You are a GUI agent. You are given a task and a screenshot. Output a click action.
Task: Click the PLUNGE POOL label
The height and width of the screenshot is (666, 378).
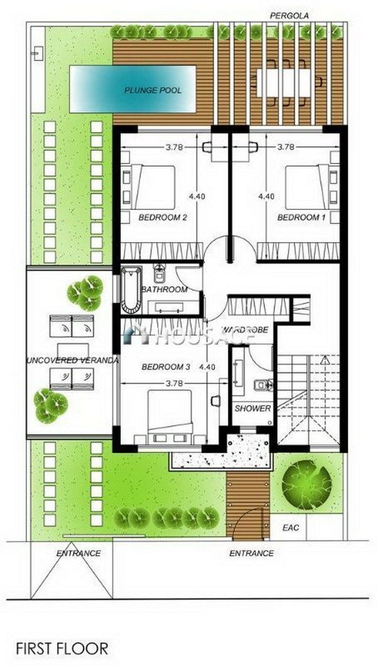click(x=153, y=91)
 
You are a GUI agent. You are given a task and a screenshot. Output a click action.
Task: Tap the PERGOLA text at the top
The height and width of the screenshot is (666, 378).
click(x=290, y=16)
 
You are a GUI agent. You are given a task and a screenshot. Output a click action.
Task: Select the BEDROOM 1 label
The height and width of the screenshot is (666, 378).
click(x=301, y=218)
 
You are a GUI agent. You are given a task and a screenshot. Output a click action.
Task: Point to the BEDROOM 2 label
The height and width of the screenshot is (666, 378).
click(x=163, y=218)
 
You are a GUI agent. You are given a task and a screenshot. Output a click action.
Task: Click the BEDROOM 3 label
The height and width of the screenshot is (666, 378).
click(x=165, y=367)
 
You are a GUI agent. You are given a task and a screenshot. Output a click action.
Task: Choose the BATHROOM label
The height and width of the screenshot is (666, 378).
click(x=164, y=290)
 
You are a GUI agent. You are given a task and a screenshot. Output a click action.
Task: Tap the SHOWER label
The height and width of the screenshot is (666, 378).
click(x=253, y=408)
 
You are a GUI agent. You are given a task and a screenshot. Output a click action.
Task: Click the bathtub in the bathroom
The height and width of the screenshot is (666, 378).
click(x=131, y=290)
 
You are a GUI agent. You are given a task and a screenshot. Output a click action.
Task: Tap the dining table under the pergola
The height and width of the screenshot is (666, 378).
click(x=284, y=83)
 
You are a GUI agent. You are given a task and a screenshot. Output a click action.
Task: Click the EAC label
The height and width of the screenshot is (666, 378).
click(x=291, y=528)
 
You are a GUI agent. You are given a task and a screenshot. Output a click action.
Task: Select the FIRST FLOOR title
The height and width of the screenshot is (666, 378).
click(x=62, y=648)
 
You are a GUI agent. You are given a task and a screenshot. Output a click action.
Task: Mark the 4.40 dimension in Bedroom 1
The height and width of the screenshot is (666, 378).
click(x=266, y=196)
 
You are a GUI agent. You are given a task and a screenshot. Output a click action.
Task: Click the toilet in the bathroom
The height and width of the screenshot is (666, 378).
click(x=159, y=274)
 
